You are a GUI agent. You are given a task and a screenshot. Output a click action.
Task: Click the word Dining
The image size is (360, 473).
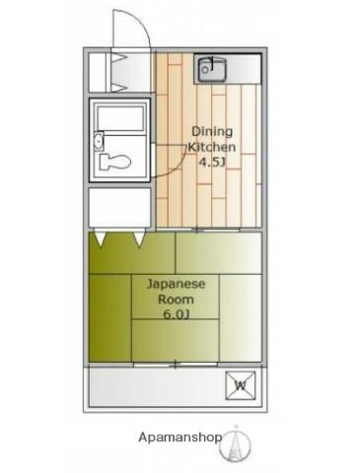click(x=212, y=132)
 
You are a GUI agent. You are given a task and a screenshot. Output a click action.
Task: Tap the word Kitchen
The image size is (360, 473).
click(x=212, y=147)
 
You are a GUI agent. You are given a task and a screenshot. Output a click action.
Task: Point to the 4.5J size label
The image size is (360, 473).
click(x=212, y=162)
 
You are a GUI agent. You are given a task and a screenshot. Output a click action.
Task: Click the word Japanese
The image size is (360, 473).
click(x=176, y=284)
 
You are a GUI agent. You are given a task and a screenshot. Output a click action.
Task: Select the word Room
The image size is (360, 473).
click(x=176, y=300)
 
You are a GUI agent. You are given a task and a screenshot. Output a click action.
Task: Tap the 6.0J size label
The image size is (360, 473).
click(x=177, y=314)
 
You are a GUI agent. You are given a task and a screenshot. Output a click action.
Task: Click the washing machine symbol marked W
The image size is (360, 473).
click(x=241, y=385)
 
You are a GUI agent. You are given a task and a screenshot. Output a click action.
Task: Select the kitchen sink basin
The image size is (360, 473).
click(x=212, y=69)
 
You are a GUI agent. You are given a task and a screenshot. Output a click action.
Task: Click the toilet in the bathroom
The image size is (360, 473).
click(x=114, y=162)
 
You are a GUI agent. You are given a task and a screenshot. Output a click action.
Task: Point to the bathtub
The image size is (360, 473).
click(x=120, y=117)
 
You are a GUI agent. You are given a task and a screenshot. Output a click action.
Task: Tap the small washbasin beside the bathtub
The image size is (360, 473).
click(x=99, y=142)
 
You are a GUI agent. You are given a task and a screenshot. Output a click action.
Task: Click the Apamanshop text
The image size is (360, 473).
click(x=180, y=438)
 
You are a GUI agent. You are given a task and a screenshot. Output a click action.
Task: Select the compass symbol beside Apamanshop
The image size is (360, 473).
click(x=236, y=443)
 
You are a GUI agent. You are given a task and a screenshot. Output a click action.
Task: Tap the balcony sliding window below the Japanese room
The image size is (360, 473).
click(x=176, y=365)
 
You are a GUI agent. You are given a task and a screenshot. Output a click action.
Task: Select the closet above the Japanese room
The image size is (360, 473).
click(x=119, y=207)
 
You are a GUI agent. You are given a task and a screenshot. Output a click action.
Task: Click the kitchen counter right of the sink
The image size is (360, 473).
click(x=244, y=69)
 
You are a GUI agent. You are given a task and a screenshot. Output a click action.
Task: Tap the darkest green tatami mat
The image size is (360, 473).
click(x=110, y=318)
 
